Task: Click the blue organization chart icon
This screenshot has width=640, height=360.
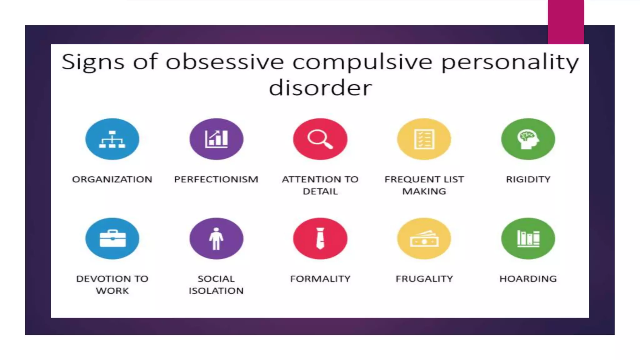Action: (x=112, y=139)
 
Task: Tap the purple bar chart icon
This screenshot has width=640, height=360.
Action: (x=216, y=139)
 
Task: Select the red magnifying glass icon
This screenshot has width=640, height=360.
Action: (x=320, y=139)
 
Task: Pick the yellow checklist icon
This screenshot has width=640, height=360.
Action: (x=424, y=139)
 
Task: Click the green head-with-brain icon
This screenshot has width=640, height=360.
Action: (x=528, y=139)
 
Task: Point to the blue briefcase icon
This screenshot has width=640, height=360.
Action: (x=112, y=238)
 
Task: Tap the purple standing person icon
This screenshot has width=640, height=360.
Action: (x=216, y=238)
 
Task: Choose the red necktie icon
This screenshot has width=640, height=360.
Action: (x=320, y=238)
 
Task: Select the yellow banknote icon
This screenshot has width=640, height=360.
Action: (x=424, y=238)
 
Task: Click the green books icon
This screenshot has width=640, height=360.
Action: (x=528, y=238)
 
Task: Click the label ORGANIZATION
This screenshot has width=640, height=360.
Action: (x=112, y=179)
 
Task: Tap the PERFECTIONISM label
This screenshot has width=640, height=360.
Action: (x=216, y=179)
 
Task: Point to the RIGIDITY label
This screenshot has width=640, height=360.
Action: (x=528, y=179)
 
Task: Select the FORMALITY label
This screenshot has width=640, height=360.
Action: (x=320, y=279)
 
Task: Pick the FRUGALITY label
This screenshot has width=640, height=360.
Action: (x=424, y=279)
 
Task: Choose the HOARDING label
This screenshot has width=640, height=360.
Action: (x=528, y=279)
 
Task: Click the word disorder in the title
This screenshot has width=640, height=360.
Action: (x=320, y=88)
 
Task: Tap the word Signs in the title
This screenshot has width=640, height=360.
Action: (x=93, y=62)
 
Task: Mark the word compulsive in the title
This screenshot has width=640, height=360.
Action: (x=362, y=62)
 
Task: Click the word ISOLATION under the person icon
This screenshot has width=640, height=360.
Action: (x=216, y=291)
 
